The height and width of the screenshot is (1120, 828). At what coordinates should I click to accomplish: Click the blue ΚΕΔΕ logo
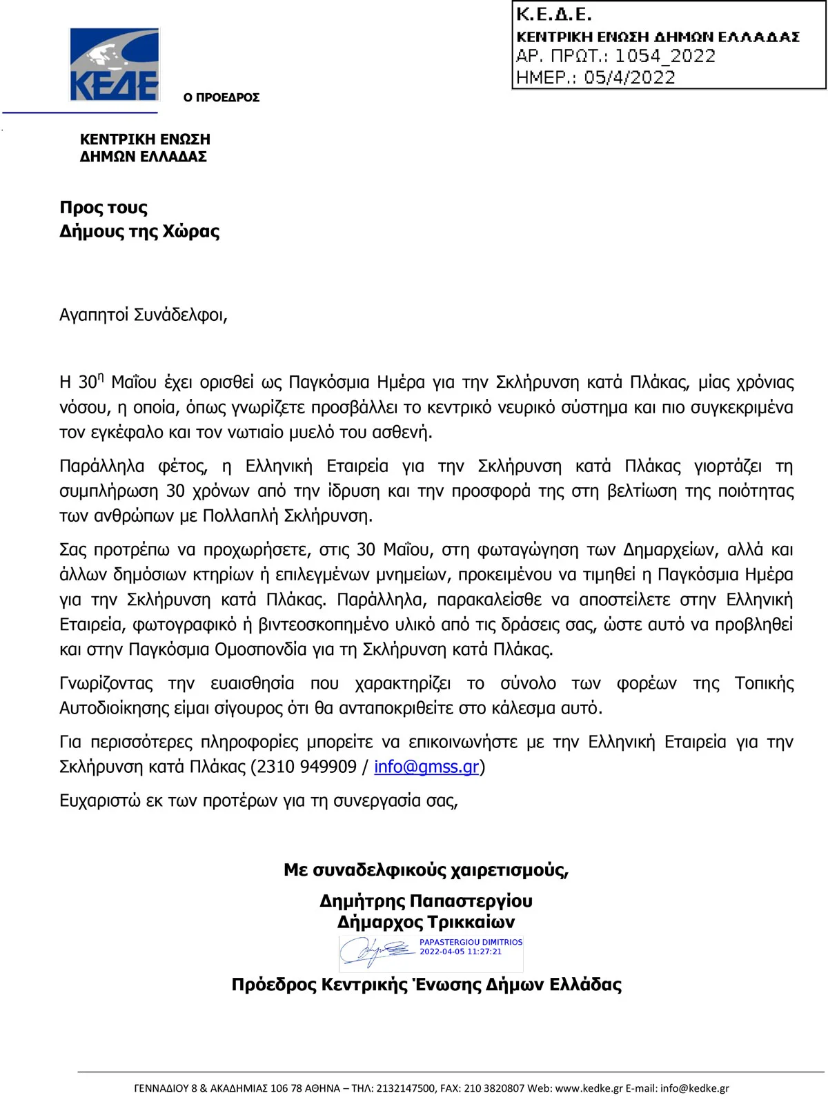pyautogui.click(x=115, y=65)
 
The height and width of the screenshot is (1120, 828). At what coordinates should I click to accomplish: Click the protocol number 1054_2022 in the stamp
pyautogui.click(x=664, y=56)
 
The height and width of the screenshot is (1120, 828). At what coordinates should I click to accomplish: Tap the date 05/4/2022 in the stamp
pyautogui.click(x=629, y=77)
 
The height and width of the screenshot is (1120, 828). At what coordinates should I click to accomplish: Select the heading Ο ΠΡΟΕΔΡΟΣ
pyautogui.click(x=221, y=97)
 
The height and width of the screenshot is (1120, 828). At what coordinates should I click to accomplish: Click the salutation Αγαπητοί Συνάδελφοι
pyautogui.click(x=143, y=315)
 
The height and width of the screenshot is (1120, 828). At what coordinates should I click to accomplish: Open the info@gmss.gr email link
pyautogui.click(x=426, y=767)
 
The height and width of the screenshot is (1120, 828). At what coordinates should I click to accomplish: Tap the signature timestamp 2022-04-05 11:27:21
pyautogui.click(x=460, y=952)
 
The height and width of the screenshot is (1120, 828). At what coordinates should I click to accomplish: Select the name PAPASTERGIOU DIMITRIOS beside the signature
pyautogui.click(x=471, y=942)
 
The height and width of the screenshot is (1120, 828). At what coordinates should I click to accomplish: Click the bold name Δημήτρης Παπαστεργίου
pyautogui.click(x=426, y=901)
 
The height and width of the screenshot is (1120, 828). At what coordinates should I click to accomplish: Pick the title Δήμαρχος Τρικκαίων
pyautogui.click(x=426, y=922)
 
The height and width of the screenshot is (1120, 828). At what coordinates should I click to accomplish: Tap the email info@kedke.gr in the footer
pyautogui.click(x=694, y=1088)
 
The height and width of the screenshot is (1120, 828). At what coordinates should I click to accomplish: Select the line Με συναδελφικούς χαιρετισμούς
pyautogui.click(x=426, y=870)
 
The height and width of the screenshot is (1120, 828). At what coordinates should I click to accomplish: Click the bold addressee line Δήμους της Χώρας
pyautogui.click(x=139, y=231)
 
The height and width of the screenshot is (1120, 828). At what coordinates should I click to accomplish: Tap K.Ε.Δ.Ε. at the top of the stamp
pyautogui.click(x=553, y=14)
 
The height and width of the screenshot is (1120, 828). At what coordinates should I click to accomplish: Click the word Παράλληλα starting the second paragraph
pyautogui.click(x=102, y=466)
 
